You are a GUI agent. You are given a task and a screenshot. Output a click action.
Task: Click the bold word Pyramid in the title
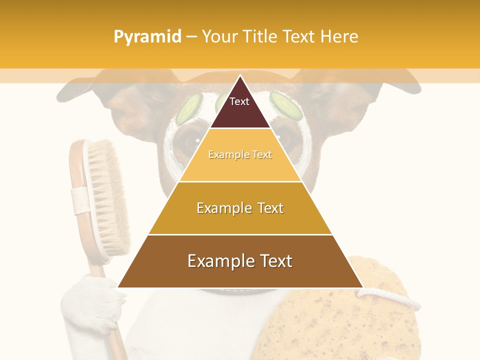(147, 37)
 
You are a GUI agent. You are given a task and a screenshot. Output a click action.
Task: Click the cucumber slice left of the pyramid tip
(189, 108)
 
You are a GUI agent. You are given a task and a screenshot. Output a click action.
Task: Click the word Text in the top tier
(239, 101)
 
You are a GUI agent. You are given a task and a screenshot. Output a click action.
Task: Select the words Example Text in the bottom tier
(240, 261)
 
